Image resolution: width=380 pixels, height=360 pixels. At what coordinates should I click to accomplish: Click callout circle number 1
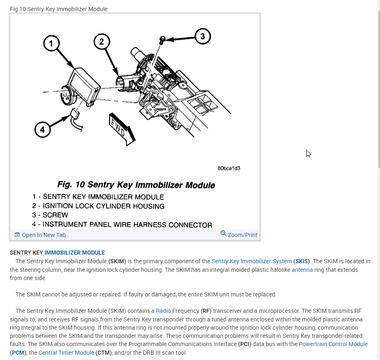[51, 43]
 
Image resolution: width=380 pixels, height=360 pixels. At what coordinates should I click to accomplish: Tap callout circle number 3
[202, 36]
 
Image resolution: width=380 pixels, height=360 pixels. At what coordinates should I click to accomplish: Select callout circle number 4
[42, 130]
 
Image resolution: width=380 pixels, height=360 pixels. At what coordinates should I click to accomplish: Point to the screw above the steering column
[162, 40]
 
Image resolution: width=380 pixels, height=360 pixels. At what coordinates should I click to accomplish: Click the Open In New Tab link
[40, 235]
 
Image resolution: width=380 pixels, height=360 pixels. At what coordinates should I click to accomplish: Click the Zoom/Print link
[239, 235]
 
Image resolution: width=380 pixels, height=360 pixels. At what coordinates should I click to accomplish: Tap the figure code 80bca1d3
[229, 169]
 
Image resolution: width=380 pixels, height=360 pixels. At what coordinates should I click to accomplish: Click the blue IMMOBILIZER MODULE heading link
[75, 253]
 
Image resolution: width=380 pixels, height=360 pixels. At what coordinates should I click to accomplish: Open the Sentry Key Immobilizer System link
[252, 261]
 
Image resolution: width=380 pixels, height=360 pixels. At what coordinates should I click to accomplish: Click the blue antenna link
[302, 270]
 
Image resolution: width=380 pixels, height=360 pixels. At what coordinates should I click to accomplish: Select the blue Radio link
[163, 311]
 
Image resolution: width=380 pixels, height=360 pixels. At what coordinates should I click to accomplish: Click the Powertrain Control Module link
[333, 344]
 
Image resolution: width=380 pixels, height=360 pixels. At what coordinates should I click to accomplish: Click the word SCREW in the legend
[55, 215]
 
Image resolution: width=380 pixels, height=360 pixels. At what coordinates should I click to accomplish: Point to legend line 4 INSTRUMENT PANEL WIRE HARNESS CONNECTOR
[122, 224]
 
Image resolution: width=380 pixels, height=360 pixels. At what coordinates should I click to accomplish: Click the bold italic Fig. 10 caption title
[136, 185]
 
